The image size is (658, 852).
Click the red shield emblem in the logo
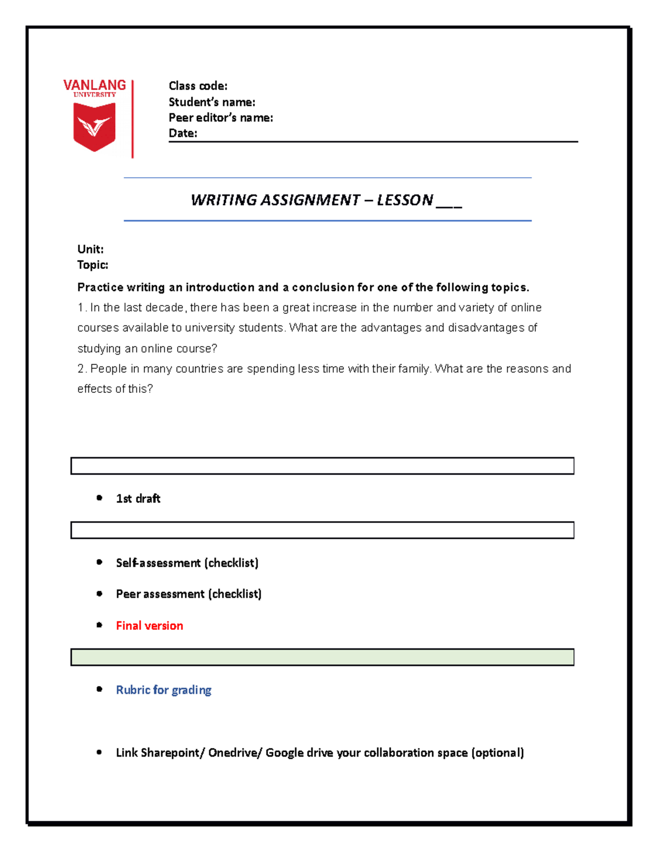pos(94,126)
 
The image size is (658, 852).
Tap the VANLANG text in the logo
pos(94,85)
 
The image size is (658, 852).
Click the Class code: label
pos(198,86)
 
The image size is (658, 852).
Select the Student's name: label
pos(212,102)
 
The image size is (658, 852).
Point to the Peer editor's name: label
pos(220,117)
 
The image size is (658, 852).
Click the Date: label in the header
pos(183,133)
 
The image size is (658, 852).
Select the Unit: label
pos(90,249)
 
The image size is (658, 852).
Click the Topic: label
pos(93,265)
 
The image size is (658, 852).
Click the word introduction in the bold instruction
pos(220,287)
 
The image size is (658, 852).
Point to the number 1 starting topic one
pos(80,308)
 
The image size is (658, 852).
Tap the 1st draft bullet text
pos(138,499)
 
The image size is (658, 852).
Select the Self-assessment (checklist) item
pos(187,563)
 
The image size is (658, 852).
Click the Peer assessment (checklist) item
pos(189,594)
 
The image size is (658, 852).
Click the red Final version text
pos(149,626)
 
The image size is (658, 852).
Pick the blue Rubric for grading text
pos(163,690)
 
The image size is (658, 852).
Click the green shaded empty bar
pos(322,657)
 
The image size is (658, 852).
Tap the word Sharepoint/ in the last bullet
pos(172,753)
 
